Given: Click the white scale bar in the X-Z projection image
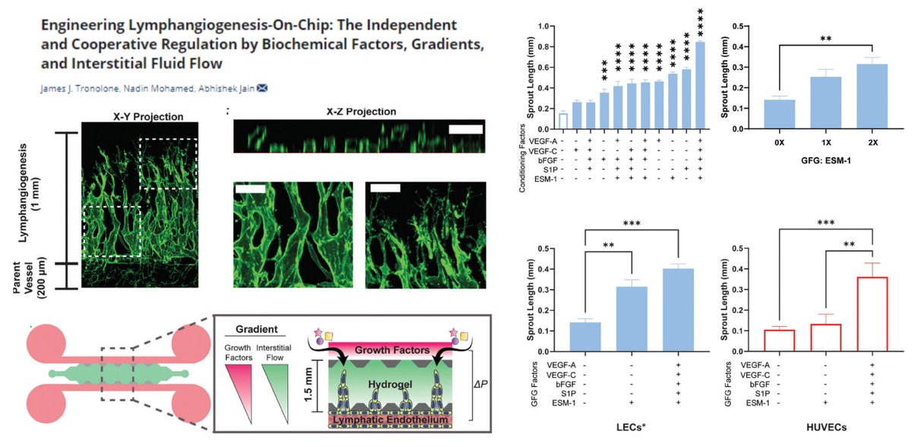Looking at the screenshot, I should pyautogui.click(x=464, y=130).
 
